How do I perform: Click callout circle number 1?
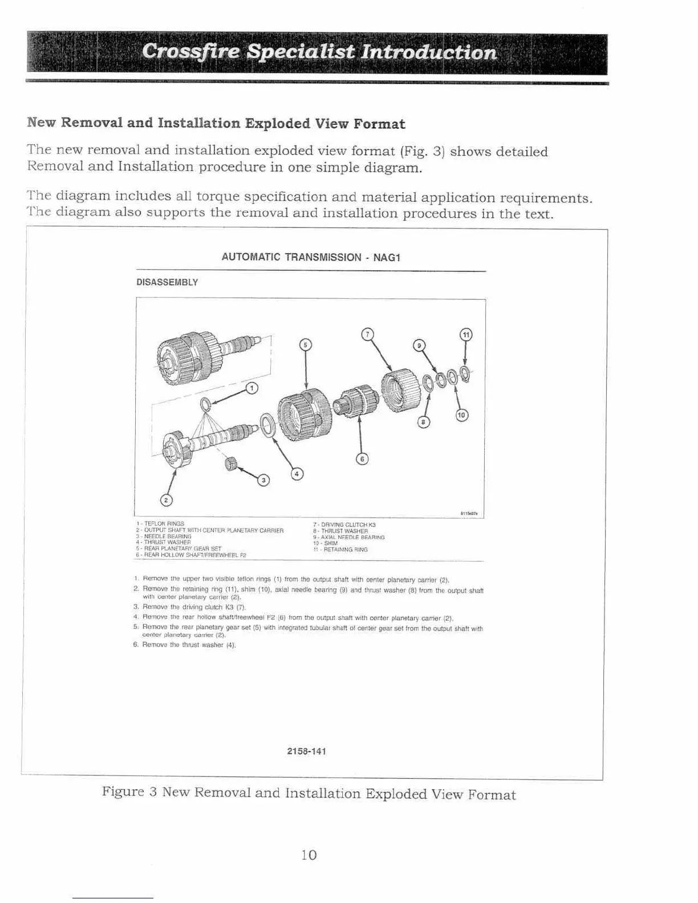(251, 388)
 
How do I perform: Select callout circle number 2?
(166, 501)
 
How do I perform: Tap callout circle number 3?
(263, 480)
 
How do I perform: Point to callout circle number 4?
(297, 473)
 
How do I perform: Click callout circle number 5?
(306, 344)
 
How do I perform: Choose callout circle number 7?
(368, 333)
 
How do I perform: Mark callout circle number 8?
(423, 422)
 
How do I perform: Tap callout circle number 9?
(419, 345)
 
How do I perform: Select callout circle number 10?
(461, 415)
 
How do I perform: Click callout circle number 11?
(466, 335)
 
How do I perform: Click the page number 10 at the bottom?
(309, 855)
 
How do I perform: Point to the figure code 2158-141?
(307, 751)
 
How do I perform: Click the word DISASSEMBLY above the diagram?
(167, 282)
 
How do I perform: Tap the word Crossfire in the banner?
(189, 52)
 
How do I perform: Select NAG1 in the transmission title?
(387, 257)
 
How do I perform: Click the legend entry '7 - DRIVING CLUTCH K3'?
(344, 524)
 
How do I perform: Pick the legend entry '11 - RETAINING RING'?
(340, 550)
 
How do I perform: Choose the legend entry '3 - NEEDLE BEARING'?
(164, 536)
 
